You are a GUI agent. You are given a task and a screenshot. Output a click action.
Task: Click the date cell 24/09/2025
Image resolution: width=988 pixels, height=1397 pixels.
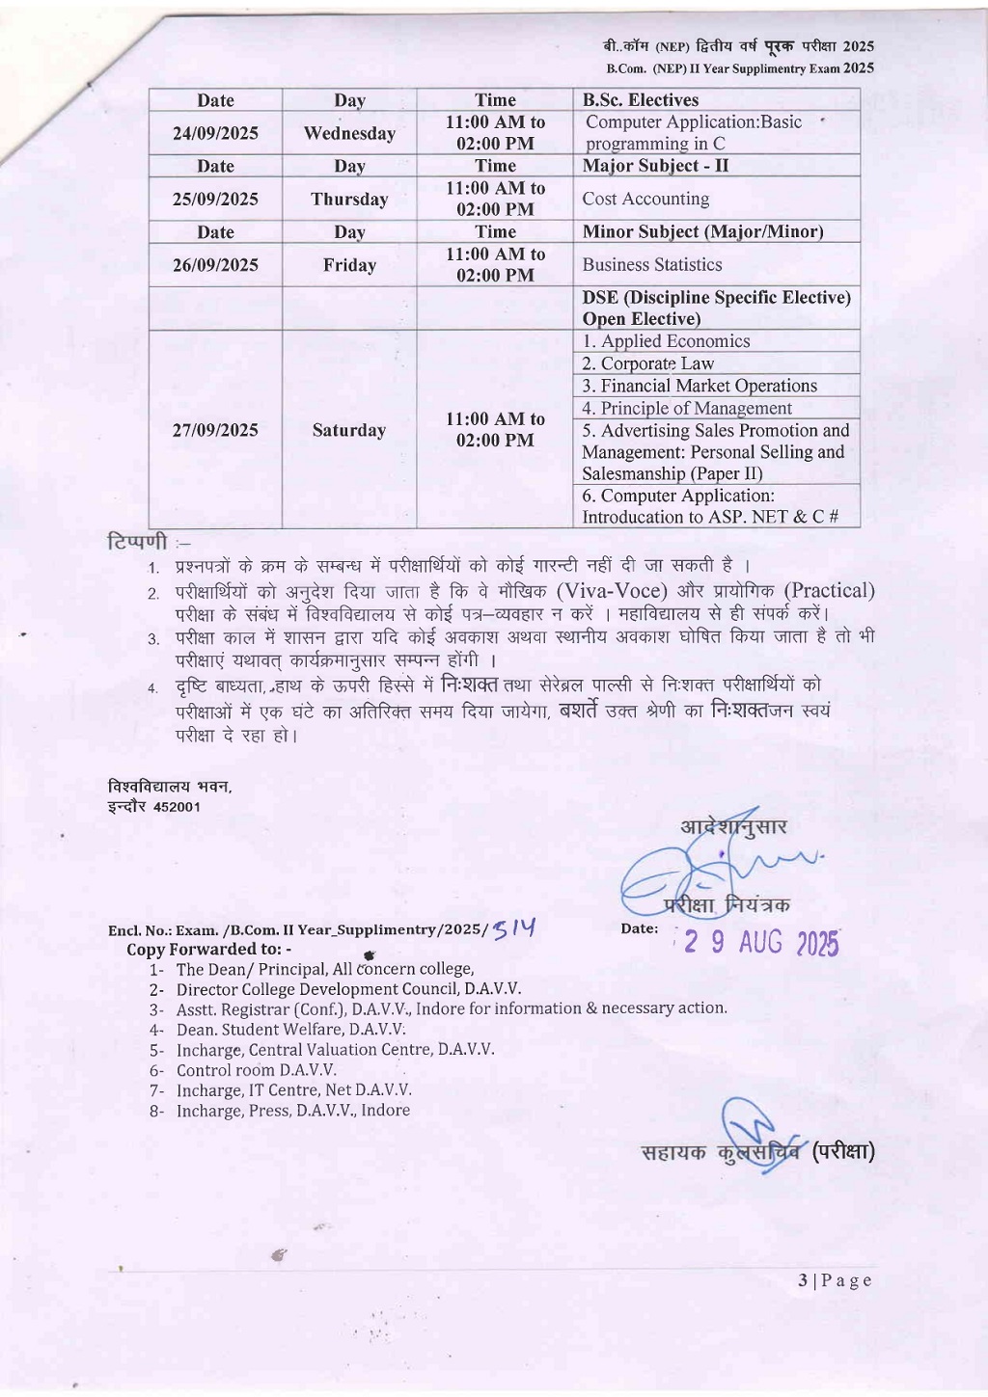click(x=215, y=133)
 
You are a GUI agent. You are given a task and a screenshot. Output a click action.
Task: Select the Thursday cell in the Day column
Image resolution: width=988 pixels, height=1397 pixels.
click(x=349, y=200)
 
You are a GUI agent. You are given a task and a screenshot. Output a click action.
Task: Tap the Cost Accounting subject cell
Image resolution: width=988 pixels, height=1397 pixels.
click(x=645, y=199)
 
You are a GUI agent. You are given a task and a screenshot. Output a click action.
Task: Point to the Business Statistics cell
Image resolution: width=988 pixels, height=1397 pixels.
click(x=652, y=264)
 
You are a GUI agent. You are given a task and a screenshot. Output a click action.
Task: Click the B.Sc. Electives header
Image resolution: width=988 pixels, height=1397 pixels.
click(x=641, y=100)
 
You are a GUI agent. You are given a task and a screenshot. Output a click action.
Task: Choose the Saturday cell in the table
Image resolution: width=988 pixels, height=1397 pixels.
click(x=349, y=430)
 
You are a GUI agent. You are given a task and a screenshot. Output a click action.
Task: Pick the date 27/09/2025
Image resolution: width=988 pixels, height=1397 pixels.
click(x=215, y=430)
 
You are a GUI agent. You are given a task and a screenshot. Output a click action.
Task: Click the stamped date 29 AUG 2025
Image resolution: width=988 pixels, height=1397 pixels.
click(x=760, y=943)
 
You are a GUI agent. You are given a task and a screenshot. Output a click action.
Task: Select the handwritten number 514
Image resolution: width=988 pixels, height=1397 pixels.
click(x=513, y=928)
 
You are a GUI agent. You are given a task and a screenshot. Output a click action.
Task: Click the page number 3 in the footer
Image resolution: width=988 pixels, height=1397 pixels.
click(x=803, y=1280)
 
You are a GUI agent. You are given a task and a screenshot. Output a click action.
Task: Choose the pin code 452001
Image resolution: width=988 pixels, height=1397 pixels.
click(x=177, y=807)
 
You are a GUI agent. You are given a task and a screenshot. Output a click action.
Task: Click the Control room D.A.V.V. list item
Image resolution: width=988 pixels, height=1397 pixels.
click(x=256, y=1070)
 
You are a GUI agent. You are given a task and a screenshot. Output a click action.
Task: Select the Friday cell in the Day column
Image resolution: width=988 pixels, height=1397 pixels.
click(x=349, y=265)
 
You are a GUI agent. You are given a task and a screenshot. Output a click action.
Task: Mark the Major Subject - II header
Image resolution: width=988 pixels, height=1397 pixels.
click(x=655, y=166)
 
